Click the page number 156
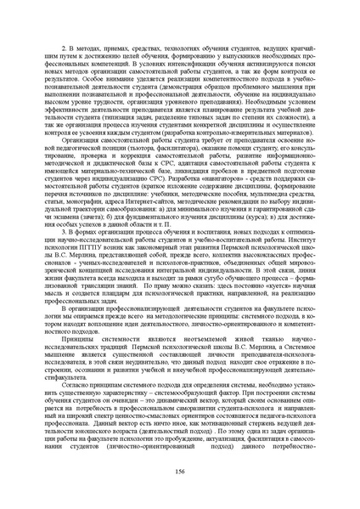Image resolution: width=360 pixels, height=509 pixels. click(x=180, y=472)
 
